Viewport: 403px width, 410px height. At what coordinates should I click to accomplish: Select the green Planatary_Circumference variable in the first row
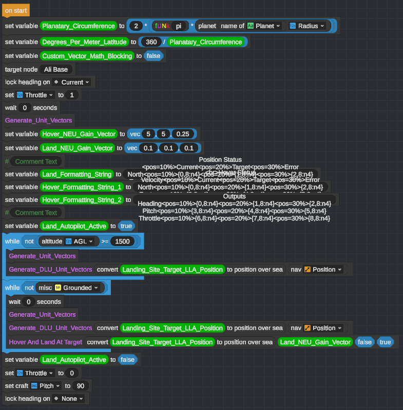click(x=79, y=26)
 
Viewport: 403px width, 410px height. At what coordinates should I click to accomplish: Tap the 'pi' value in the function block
click(x=179, y=26)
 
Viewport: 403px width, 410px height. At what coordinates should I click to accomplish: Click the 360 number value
click(x=151, y=42)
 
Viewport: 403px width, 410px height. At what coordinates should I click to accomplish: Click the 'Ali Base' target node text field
click(x=56, y=69)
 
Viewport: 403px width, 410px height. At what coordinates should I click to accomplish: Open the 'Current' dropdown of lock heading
click(x=72, y=82)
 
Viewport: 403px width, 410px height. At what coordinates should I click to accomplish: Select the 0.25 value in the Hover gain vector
click(x=182, y=134)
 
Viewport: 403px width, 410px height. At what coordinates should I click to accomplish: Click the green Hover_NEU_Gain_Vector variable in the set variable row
click(x=79, y=134)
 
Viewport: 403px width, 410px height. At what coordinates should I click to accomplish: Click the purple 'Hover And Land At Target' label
click(x=45, y=342)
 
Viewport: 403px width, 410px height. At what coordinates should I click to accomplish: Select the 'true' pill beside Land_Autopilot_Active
click(x=125, y=225)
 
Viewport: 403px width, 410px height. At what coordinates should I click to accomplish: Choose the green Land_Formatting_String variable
click(x=77, y=174)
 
